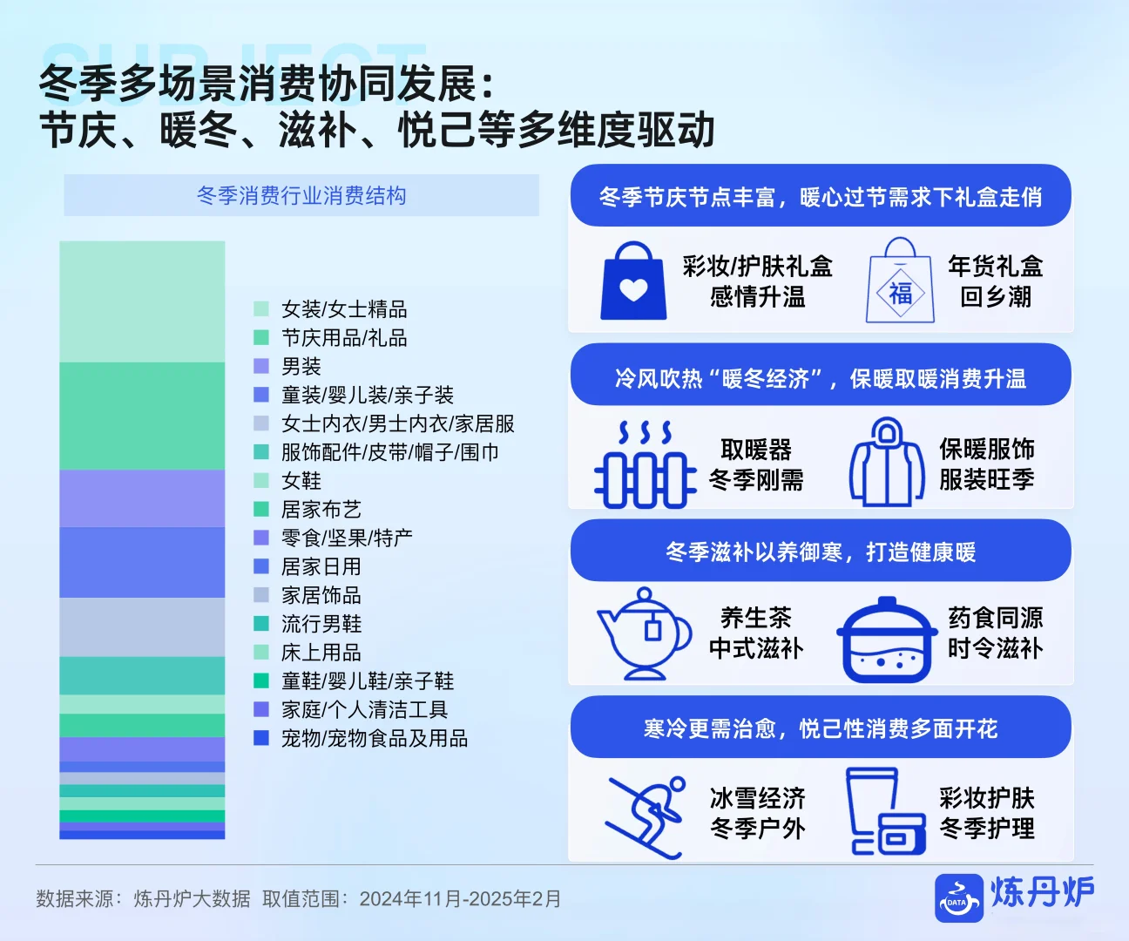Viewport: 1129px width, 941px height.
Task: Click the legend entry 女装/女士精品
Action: pyautogui.click(x=344, y=309)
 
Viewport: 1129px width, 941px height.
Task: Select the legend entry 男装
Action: pyautogui.click(x=301, y=367)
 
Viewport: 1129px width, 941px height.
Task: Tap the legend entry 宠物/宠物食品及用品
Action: pyautogui.click(x=375, y=739)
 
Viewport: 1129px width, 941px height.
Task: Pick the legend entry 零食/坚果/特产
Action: pyautogui.click(x=347, y=538)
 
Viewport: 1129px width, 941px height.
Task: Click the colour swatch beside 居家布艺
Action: pyautogui.click(x=261, y=510)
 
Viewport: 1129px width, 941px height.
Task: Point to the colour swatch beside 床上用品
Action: pyautogui.click(x=261, y=653)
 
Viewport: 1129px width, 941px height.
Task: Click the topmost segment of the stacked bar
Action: pyautogui.click(x=142, y=301)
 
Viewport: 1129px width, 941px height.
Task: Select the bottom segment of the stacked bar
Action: pyautogui.click(x=142, y=835)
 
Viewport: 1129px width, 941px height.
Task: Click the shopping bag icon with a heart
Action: pyautogui.click(x=633, y=281)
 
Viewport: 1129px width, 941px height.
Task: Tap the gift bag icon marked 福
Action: pyautogui.click(x=900, y=281)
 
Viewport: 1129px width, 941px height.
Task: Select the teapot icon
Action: pyautogui.click(x=643, y=633)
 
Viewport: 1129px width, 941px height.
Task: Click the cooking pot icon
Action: pyautogui.click(x=887, y=640)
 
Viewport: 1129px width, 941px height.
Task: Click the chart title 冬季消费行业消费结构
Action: pyautogui.click(x=301, y=196)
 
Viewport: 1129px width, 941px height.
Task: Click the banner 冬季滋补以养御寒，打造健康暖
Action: pyautogui.click(x=820, y=552)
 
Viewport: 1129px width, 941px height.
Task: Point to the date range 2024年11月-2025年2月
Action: pyautogui.click(x=460, y=899)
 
